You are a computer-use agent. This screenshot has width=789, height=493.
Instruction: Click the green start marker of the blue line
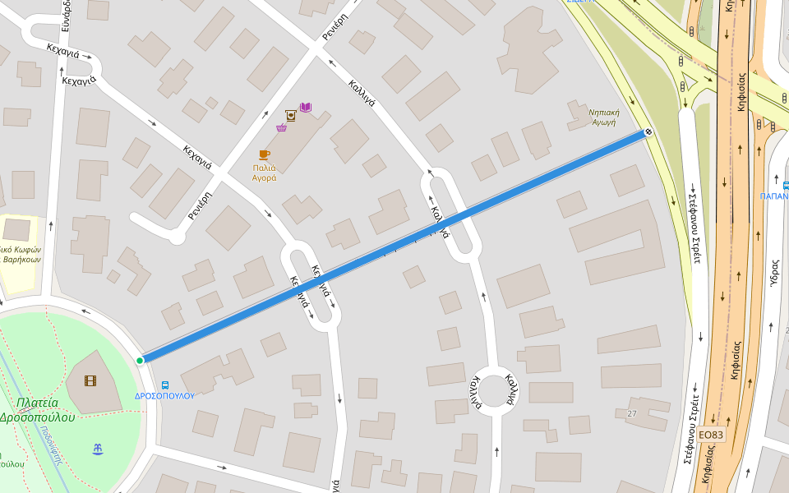[140, 360]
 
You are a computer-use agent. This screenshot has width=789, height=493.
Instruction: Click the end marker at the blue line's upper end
[648, 131]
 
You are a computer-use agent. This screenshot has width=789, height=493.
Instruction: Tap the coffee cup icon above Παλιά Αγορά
[264, 154]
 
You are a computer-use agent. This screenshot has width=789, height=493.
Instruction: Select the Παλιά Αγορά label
[264, 172]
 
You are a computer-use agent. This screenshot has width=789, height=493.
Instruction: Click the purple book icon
[306, 108]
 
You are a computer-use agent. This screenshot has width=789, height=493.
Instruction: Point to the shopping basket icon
[281, 127]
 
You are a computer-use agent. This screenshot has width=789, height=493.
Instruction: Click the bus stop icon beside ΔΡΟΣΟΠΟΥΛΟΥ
[165, 385]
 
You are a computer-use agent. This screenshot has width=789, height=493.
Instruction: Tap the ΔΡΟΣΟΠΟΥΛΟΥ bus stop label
[164, 395]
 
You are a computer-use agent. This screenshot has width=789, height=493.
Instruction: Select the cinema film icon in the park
[90, 380]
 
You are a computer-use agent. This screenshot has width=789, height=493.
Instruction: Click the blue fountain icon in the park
[99, 448]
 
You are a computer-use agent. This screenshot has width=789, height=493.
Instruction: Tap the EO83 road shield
[712, 435]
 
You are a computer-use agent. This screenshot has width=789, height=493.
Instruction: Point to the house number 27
[631, 412]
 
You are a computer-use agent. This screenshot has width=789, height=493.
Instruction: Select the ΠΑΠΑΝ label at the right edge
[773, 196]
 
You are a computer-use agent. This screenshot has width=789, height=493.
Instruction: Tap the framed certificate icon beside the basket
[290, 115]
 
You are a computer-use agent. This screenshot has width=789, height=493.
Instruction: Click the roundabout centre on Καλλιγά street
[492, 390]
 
